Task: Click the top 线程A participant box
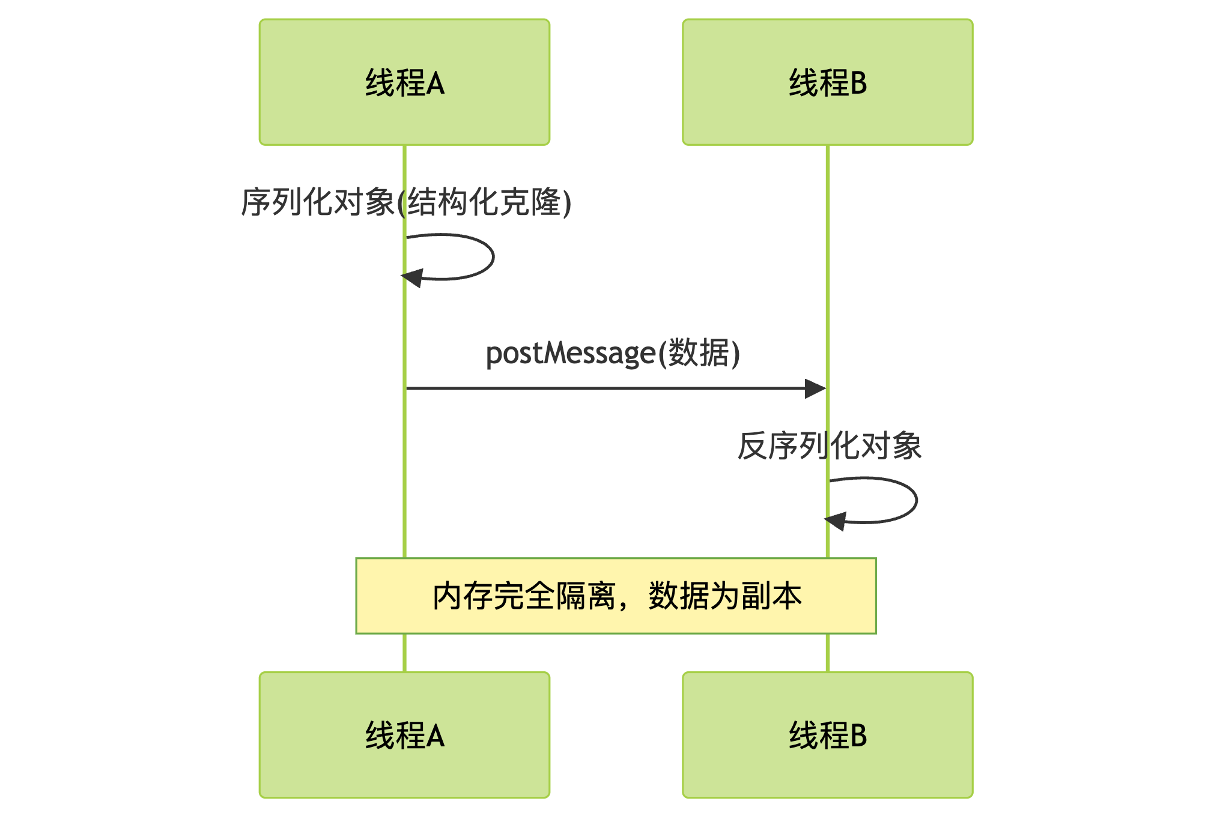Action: coord(404,82)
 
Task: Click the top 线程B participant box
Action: coord(827,82)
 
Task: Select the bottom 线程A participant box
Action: coord(404,735)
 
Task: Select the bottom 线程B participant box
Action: coord(827,735)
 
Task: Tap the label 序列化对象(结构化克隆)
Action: coord(406,202)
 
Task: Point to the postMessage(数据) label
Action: coord(613,353)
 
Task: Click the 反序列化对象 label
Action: coord(829,446)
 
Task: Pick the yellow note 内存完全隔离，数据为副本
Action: coord(616,596)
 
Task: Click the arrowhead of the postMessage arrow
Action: coord(816,388)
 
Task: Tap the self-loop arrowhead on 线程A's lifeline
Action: coord(412,278)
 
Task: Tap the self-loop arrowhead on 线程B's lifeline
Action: coord(836,521)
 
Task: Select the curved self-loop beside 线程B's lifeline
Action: coord(915,500)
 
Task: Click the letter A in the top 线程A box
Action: coord(436,83)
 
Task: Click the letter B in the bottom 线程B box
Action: coord(858,736)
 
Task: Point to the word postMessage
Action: coord(570,354)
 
